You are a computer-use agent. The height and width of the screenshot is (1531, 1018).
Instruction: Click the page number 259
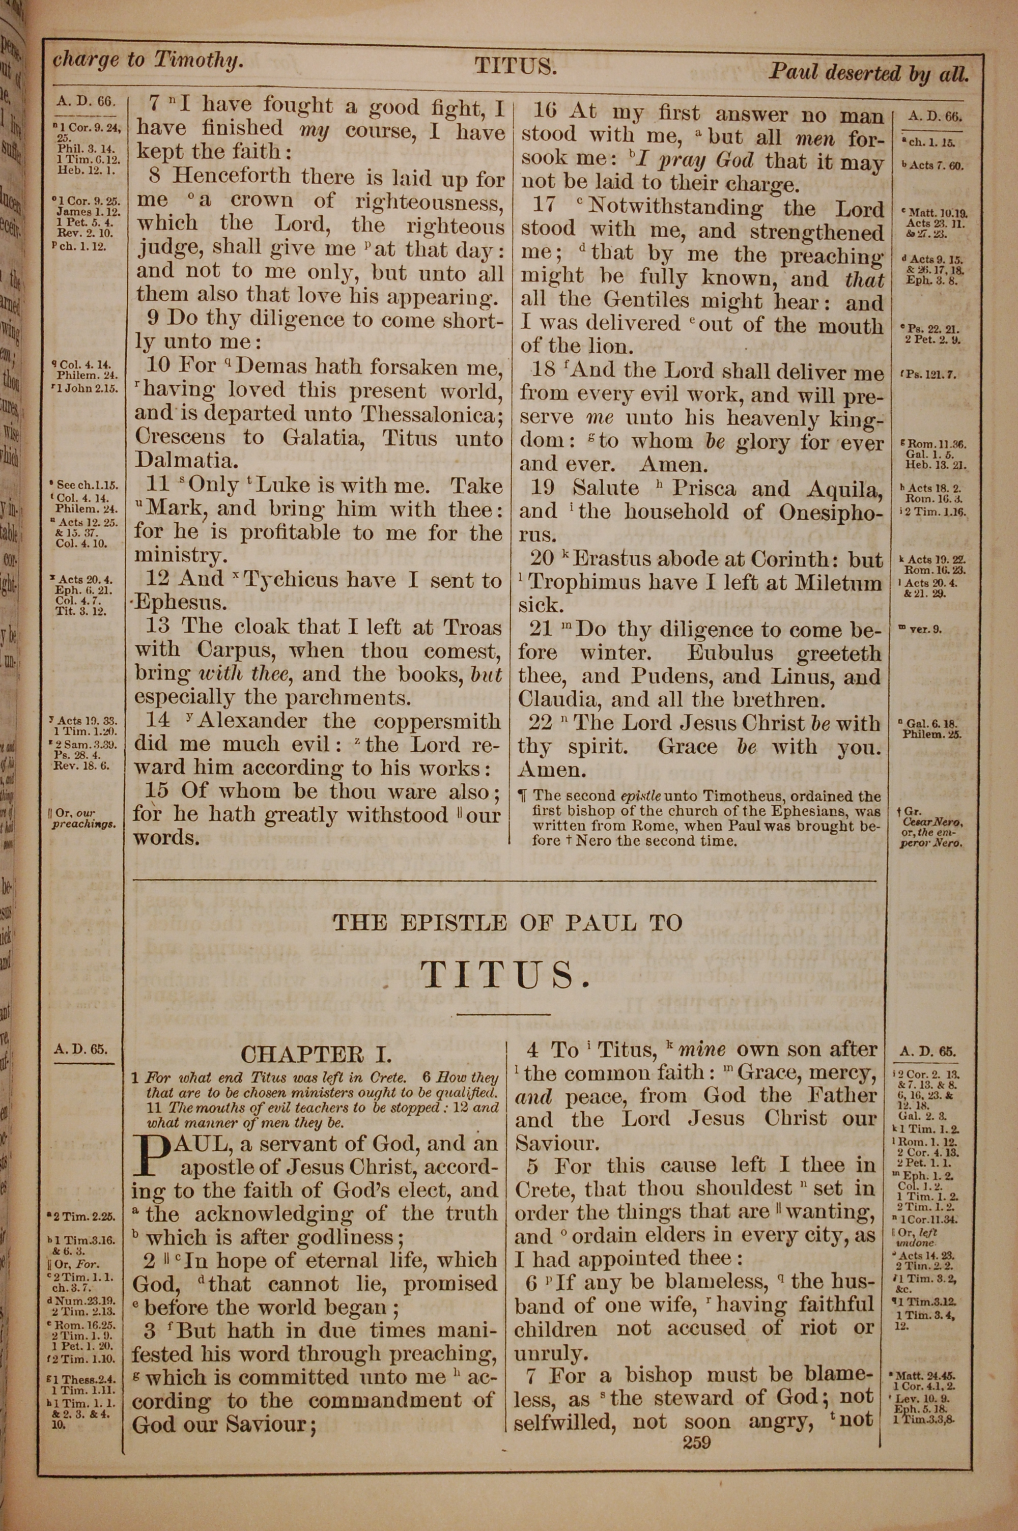coord(697,1443)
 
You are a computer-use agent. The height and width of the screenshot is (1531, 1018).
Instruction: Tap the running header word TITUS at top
coord(516,66)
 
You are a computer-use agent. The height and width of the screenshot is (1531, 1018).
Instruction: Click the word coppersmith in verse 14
coord(436,721)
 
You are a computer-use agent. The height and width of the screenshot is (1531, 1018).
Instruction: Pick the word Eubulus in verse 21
coord(731,653)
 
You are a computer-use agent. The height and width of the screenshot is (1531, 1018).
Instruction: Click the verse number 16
coord(544,110)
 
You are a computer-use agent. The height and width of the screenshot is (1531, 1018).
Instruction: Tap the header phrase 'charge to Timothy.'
coord(149,61)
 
